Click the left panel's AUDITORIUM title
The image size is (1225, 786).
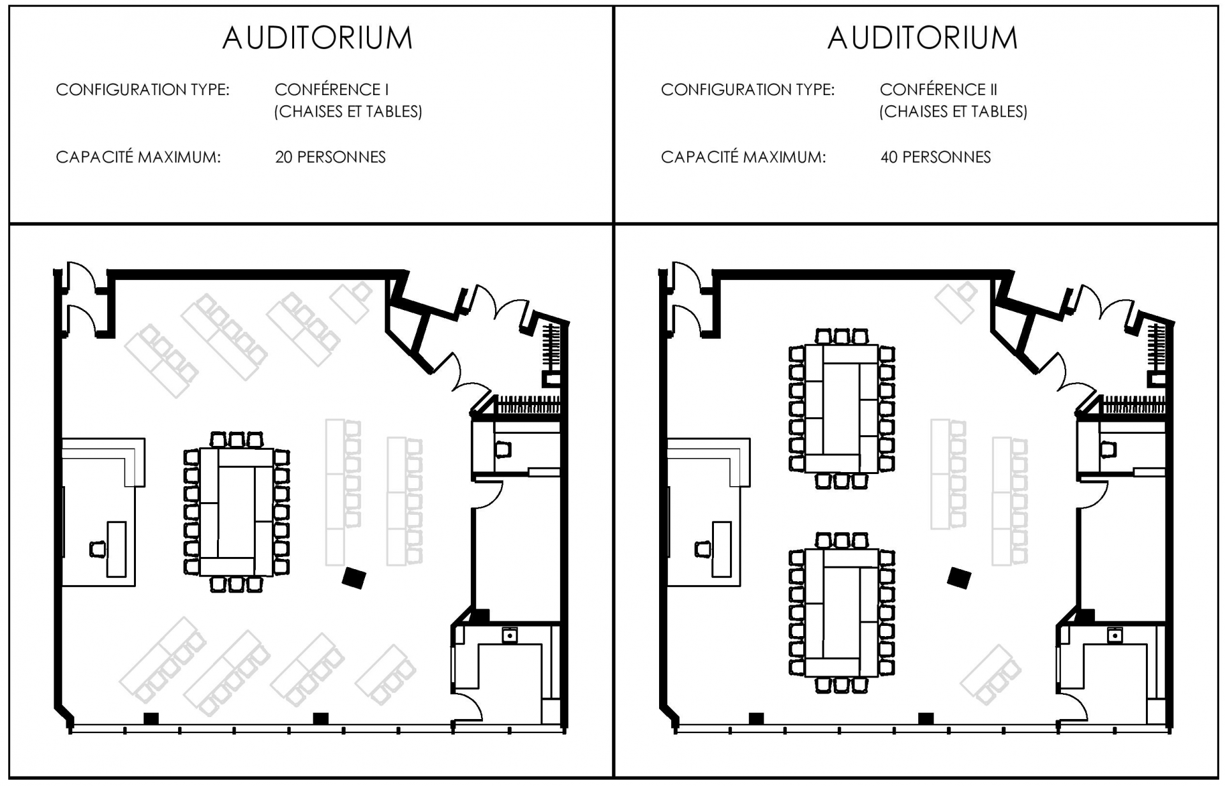(317, 38)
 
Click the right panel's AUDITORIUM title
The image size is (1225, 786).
(922, 38)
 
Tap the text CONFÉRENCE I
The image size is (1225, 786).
(331, 89)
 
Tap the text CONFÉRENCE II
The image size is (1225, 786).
(938, 89)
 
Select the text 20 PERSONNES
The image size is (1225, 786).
(330, 157)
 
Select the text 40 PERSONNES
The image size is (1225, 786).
(935, 157)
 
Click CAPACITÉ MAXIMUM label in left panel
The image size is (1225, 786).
(138, 157)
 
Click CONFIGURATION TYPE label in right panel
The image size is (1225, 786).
(747, 89)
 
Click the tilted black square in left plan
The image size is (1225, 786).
(353, 578)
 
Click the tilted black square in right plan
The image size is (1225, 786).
(958, 578)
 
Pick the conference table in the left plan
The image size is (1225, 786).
(236, 512)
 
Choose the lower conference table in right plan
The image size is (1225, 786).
(841, 612)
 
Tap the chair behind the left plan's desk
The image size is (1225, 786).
(97, 549)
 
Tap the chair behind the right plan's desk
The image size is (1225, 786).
(702, 549)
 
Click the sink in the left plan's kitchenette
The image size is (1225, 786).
(509, 635)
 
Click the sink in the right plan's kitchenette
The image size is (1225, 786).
(1114, 635)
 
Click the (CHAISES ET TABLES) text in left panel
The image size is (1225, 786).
(348, 112)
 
